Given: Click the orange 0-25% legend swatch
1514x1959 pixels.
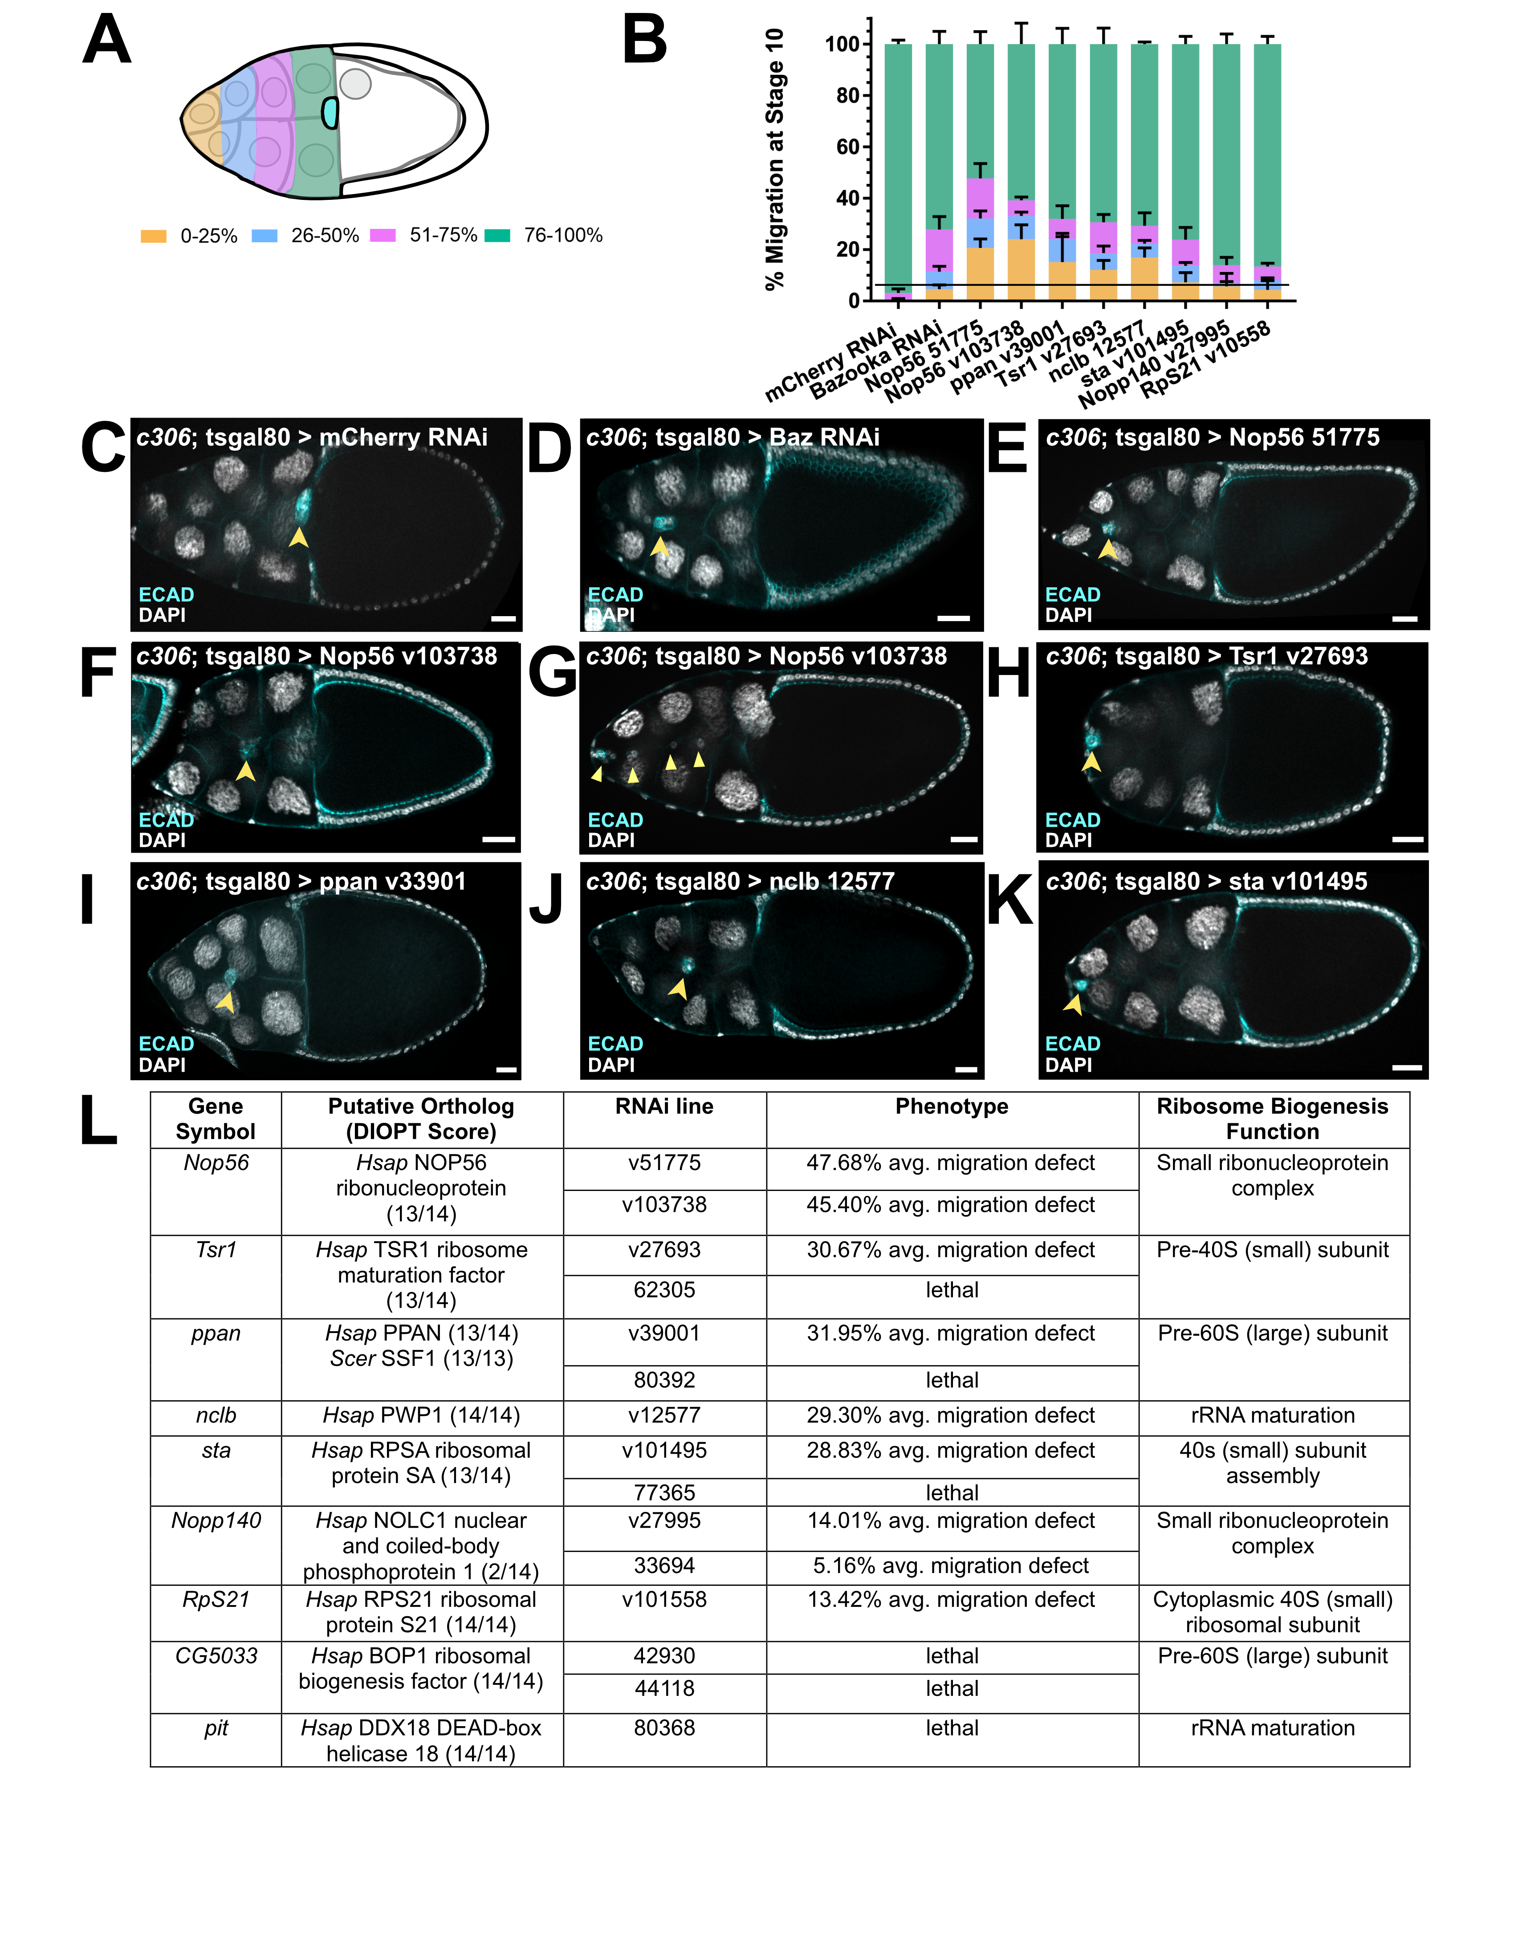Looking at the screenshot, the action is (x=153, y=236).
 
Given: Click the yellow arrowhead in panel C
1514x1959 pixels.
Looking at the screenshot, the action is (x=299, y=537).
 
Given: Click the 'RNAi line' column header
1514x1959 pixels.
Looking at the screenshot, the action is (x=665, y=1107).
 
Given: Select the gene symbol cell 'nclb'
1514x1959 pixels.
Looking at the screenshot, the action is (x=216, y=1415).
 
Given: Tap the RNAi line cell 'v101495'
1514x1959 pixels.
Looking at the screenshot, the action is (x=665, y=1451).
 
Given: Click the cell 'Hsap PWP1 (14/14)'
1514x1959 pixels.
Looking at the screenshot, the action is (x=422, y=1415).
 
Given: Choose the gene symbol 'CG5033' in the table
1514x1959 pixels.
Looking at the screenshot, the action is (x=216, y=1656).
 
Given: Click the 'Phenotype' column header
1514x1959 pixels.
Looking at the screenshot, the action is (x=952, y=1107).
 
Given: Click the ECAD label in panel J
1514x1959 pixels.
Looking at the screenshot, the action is (x=615, y=1044).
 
